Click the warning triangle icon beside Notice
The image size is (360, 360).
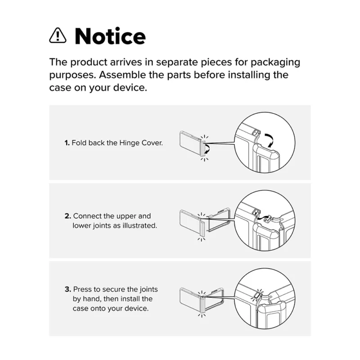[58, 36]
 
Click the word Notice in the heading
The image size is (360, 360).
[110, 36]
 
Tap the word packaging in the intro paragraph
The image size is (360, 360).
[275, 63]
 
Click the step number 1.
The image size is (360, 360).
[67, 143]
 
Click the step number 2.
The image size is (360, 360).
[68, 216]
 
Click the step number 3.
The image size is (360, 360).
[68, 289]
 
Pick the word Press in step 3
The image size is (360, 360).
[82, 289]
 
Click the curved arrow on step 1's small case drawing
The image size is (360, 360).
[208, 148]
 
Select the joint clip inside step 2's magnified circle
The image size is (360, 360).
[267, 218]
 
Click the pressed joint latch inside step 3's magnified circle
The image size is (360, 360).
[258, 295]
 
